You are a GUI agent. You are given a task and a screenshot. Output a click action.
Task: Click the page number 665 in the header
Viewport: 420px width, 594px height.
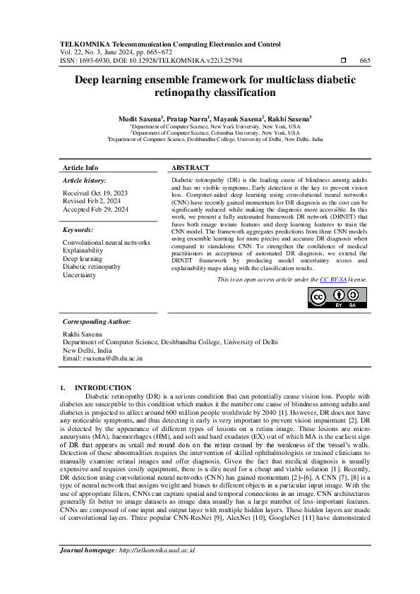point(365,61)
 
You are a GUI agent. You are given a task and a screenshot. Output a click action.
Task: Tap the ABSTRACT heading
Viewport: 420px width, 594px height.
point(191,168)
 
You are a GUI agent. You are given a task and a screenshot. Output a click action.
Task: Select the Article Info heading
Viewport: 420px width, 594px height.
point(80,168)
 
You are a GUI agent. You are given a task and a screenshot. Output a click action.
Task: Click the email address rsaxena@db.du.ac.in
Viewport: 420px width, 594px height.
point(102,358)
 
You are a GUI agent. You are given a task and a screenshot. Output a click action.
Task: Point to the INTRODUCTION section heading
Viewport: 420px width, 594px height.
point(102,387)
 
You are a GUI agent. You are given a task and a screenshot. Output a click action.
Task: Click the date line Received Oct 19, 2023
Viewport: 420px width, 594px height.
point(96,192)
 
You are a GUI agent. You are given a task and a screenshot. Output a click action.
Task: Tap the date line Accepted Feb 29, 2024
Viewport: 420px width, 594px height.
point(96,209)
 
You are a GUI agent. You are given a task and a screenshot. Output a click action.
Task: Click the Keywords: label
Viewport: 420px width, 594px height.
point(78,230)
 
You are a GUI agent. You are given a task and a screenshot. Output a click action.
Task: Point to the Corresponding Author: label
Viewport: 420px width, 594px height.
point(96,321)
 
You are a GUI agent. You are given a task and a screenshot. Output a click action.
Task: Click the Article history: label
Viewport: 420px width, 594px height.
point(84,181)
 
